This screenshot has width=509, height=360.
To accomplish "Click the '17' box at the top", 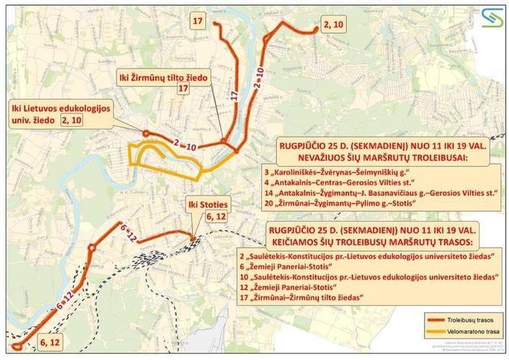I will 199,22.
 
